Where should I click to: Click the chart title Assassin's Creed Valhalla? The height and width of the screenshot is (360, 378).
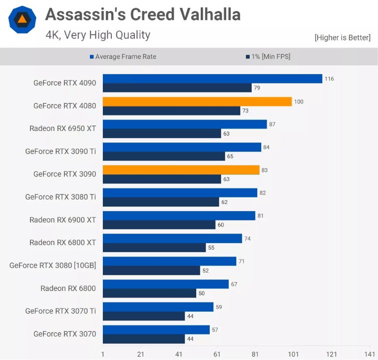pyautogui.click(x=143, y=14)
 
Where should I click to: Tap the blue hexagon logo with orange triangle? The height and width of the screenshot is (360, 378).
pyautogui.click(x=22, y=19)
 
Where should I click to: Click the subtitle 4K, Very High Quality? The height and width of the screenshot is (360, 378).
pyautogui.click(x=97, y=35)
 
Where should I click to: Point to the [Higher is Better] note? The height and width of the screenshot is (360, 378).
pyautogui.click(x=342, y=37)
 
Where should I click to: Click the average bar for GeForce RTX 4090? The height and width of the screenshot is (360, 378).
pyautogui.click(x=212, y=78)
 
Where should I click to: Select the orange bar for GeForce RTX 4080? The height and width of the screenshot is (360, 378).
pyautogui.click(x=197, y=101)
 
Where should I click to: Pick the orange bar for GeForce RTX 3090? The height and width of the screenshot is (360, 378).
pyautogui.click(x=181, y=170)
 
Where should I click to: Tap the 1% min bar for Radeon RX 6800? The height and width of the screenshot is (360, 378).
pyautogui.click(x=149, y=293)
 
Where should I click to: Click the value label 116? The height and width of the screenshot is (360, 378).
pyautogui.click(x=329, y=79)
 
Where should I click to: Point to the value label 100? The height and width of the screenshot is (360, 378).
pyautogui.click(x=299, y=102)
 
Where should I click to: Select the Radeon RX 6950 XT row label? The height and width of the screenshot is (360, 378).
pyautogui.click(x=62, y=128)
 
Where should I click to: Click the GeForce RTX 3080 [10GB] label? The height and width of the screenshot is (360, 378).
pyautogui.click(x=52, y=265)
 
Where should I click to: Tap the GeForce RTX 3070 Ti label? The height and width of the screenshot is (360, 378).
pyautogui.click(x=60, y=311)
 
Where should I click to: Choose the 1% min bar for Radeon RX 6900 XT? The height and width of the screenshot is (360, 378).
pyautogui.click(x=159, y=224)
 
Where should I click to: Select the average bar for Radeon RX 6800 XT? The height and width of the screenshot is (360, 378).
pyautogui.click(x=172, y=238)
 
